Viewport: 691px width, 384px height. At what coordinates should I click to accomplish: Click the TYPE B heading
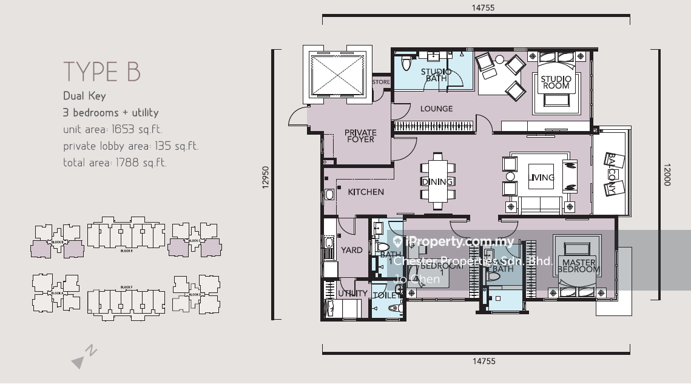point(102,72)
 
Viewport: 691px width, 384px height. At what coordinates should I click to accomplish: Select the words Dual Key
point(84,96)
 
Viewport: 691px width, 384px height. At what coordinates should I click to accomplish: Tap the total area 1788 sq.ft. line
point(115,163)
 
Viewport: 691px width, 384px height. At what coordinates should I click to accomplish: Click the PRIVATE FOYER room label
point(360,136)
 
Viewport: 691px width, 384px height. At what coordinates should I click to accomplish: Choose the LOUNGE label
point(436,109)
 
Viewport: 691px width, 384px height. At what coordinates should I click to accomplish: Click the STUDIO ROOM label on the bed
point(556,82)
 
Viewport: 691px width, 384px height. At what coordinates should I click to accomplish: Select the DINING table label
point(437,182)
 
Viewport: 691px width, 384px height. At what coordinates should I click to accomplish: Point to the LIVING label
point(542,178)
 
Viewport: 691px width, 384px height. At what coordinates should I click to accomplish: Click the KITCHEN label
point(365,192)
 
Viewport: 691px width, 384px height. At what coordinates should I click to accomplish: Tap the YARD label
point(351,250)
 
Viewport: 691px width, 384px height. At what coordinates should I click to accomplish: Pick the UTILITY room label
point(352,294)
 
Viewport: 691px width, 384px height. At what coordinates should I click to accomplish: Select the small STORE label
point(380,82)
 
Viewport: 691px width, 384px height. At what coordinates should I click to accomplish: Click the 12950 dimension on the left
point(266,179)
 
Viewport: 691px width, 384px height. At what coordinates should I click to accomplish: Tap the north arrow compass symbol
point(84,357)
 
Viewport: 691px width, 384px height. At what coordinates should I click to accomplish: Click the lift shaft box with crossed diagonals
point(338,73)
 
